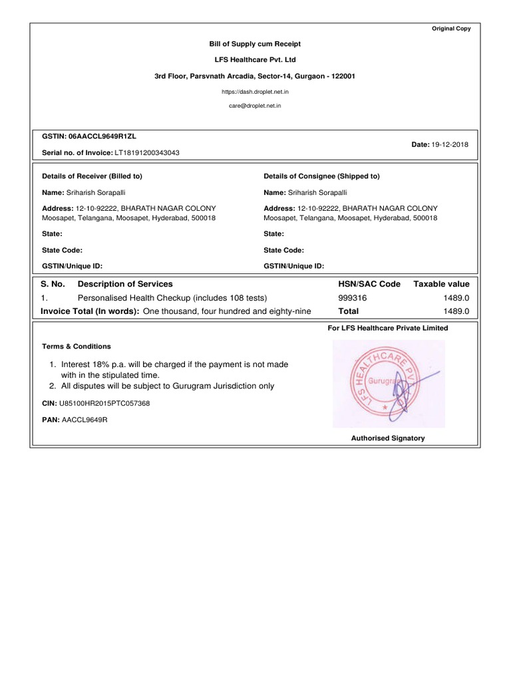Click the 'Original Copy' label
(x=451, y=29)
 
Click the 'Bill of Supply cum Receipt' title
(x=255, y=44)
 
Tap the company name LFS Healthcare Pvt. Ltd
(x=255, y=60)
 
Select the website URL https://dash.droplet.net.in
(x=255, y=92)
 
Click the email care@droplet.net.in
(x=255, y=106)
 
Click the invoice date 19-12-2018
(x=451, y=144)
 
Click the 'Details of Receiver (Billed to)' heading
(x=92, y=176)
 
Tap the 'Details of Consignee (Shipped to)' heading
(x=321, y=176)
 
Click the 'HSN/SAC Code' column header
(x=369, y=284)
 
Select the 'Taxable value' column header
(x=441, y=284)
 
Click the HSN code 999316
(x=353, y=298)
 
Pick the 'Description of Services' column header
(x=125, y=284)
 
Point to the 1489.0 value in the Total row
(x=456, y=311)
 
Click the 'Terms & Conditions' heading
(x=77, y=346)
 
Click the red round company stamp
(x=378, y=384)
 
